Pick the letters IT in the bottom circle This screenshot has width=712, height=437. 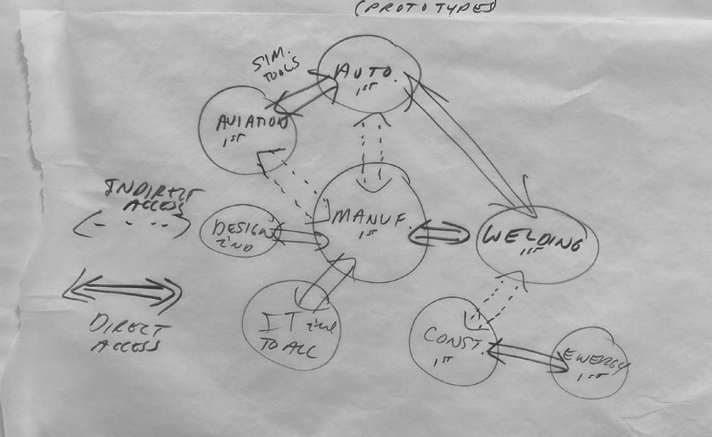277,324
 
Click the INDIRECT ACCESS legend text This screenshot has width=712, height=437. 150,195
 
